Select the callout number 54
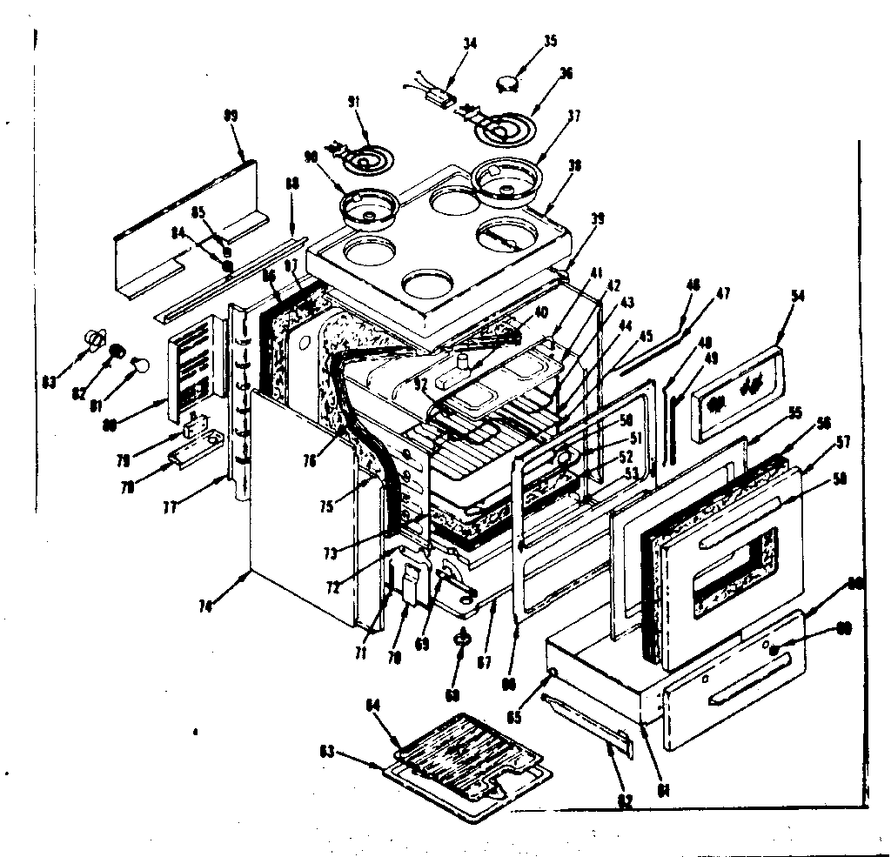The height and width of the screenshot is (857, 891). (x=799, y=297)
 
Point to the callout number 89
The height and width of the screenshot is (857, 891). (x=206, y=115)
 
